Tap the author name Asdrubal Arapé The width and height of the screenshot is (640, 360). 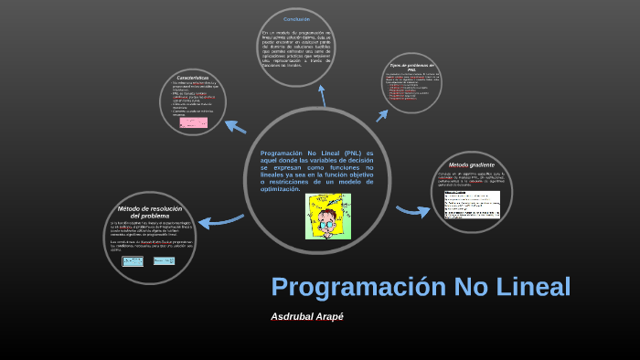coord(306,316)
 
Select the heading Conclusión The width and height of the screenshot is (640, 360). coord(296,19)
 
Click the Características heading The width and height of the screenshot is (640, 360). coord(193,77)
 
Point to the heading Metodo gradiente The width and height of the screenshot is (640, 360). coord(471,164)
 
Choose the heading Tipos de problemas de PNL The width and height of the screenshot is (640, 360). coord(411,68)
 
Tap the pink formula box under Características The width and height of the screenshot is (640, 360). coord(193,122)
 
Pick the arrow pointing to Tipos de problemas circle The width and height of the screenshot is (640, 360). coord(383,113)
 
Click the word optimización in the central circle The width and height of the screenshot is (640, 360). coord(281,189)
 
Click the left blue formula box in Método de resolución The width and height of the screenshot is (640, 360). coord(133,260)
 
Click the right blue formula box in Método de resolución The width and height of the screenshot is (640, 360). coord(164,260)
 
